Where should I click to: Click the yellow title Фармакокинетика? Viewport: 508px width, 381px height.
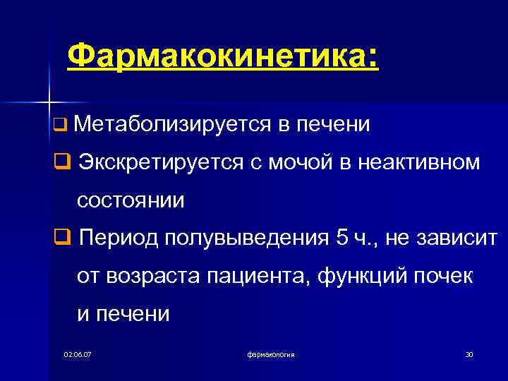(223, 56)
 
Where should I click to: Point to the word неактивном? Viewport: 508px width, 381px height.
(419, 163)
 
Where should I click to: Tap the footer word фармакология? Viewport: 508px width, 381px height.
(272, 353)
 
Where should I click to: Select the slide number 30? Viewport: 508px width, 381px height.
(468, 353)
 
